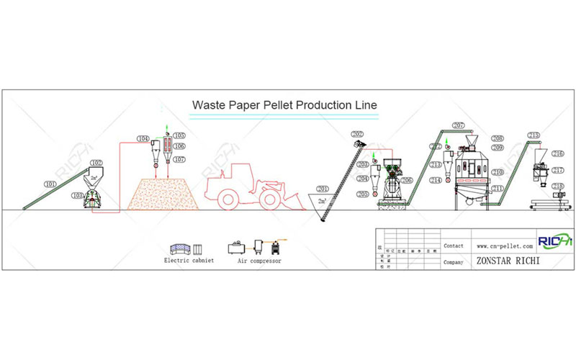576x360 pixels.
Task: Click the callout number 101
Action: click(x=50, y=184)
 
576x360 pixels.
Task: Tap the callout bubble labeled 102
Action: click(x=96, y=163)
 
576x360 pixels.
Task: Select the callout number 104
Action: click(x=143, y=138)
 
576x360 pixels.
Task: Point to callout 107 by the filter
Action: click(x=179, y=158)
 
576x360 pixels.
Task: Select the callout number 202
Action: click(x=358, y=134)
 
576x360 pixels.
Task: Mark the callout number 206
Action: click(x=407, y=181)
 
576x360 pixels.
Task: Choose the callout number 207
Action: click(x=459, y=125)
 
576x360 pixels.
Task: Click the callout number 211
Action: click(x=498, y=188)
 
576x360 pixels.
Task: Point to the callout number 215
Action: click(x=534, y=135)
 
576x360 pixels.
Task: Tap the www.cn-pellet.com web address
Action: click(x=504, y=246)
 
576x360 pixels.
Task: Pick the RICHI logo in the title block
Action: click(x=555, y=240)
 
